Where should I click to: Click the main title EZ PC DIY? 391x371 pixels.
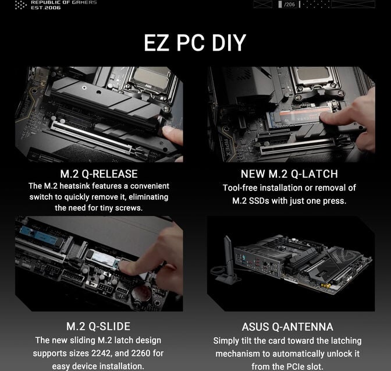click(195, 43)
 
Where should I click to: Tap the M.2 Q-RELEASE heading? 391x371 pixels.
click(99, 174)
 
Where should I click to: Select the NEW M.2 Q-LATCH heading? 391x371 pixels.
click(289, 174)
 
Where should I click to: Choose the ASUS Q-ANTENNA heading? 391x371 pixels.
click(287, 327)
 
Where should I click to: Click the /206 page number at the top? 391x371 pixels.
click(289, 5)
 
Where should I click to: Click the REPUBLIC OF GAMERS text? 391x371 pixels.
click(63, 2)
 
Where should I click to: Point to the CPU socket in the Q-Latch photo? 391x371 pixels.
click(311, 82)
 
